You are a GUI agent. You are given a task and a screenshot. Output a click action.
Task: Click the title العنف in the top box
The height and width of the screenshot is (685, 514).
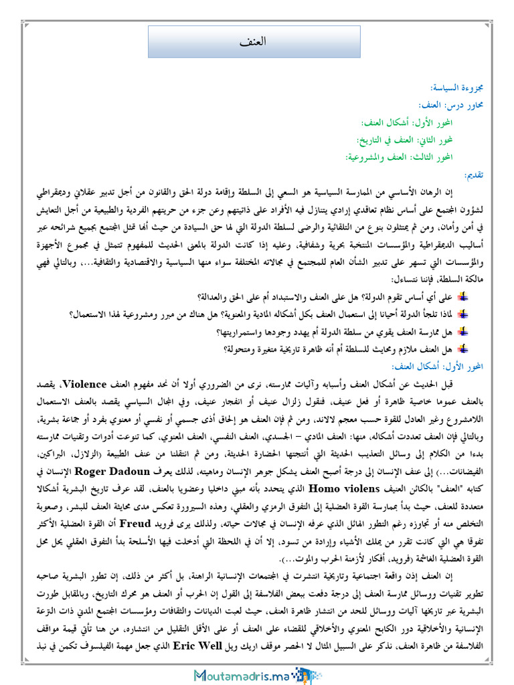click(252, 41)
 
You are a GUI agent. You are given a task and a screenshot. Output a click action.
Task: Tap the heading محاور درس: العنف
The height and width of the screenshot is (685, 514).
click(455, 105)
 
